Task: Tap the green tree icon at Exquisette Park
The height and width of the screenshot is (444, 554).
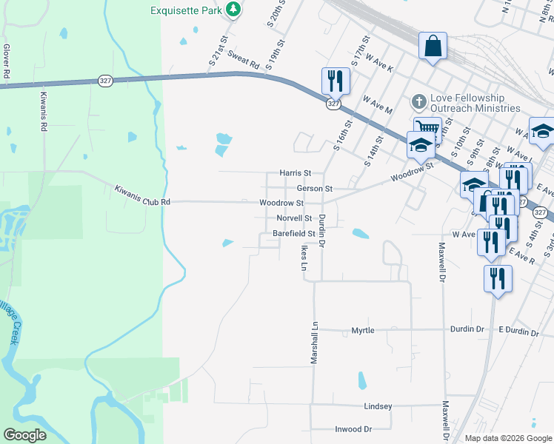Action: click(x=233, y=10)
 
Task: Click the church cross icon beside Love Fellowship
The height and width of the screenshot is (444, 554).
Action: click(x=419, y=101)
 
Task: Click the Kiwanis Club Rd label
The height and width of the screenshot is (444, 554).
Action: click(x=142, y=195)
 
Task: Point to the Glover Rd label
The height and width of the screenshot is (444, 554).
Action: click(x=6, y=61)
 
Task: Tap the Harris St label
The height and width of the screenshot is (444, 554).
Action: click(x=295, y=173)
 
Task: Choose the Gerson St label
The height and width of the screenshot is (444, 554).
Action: click(x=315, y=189)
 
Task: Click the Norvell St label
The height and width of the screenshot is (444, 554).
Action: click(x=293, y=218)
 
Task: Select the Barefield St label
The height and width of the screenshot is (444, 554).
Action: click(x=294, y=233)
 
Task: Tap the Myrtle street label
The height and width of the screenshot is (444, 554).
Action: click(x=363, y=330)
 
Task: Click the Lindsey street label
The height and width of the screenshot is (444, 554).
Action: click(x=378, y=406)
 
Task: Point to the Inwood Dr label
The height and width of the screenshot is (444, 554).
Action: click(x=353, y=429)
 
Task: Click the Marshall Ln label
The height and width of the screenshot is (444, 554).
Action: click(x=314, y=342)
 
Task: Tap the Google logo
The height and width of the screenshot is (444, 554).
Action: click(x=24, y=434)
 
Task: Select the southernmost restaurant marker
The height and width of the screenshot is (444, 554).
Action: click(x=497, y=278)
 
